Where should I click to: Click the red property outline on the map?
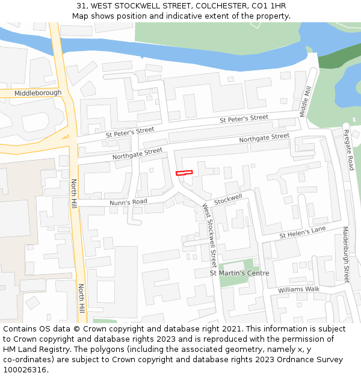(184, 173)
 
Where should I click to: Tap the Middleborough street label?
(38, 93)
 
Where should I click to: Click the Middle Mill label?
(305, 101)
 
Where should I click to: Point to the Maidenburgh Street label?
(346, 254)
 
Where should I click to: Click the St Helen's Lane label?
(302, 232)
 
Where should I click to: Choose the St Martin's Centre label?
(239, 274)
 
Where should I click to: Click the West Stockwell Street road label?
(209, 235)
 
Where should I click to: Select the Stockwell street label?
(228, 199)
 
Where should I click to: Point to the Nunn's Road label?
(128, 202)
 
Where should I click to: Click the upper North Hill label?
(75, 194)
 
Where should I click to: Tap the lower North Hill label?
(81, 299)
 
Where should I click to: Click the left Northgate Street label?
(137, 154)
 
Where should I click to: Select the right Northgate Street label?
(264, 138)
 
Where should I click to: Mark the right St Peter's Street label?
(244, 119)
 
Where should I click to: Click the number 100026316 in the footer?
(25, 370)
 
